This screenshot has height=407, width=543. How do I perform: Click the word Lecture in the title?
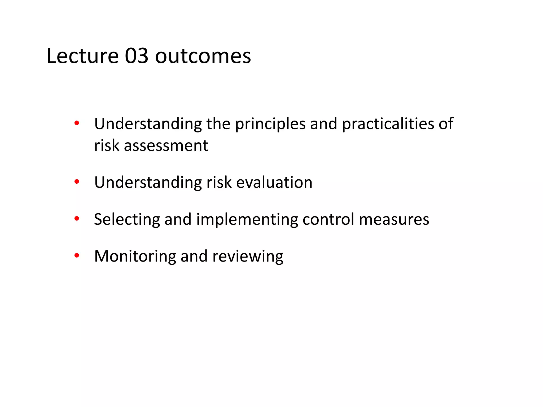82,56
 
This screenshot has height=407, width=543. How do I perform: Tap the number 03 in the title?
137,56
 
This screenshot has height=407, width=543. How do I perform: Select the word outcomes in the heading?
203,56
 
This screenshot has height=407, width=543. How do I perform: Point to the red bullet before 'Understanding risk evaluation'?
77,182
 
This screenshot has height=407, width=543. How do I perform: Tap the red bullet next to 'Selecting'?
77,219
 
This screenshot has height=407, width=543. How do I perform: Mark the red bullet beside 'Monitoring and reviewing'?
77,255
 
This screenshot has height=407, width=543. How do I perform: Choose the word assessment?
166,146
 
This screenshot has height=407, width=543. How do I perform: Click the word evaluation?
274,183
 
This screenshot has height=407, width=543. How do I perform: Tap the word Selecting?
127,220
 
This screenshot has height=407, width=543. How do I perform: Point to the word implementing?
247,220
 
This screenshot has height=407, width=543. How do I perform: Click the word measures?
394,220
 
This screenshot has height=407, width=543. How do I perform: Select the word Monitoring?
135,256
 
